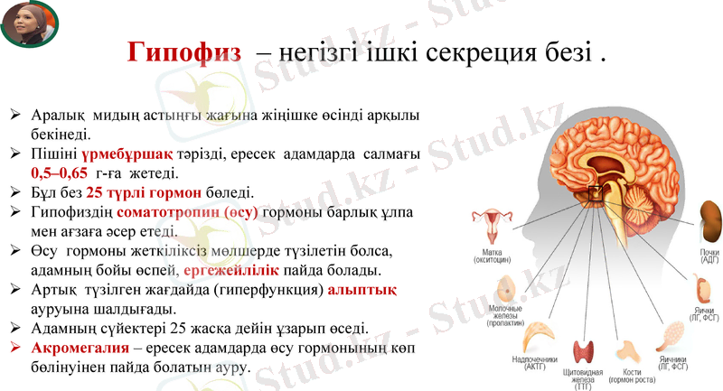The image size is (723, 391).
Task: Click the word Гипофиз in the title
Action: click(183, 51)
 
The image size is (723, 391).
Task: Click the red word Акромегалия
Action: click(74, 348)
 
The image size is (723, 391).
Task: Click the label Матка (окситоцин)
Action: click(493, 256)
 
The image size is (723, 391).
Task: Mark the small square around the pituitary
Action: click(596, 191)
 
